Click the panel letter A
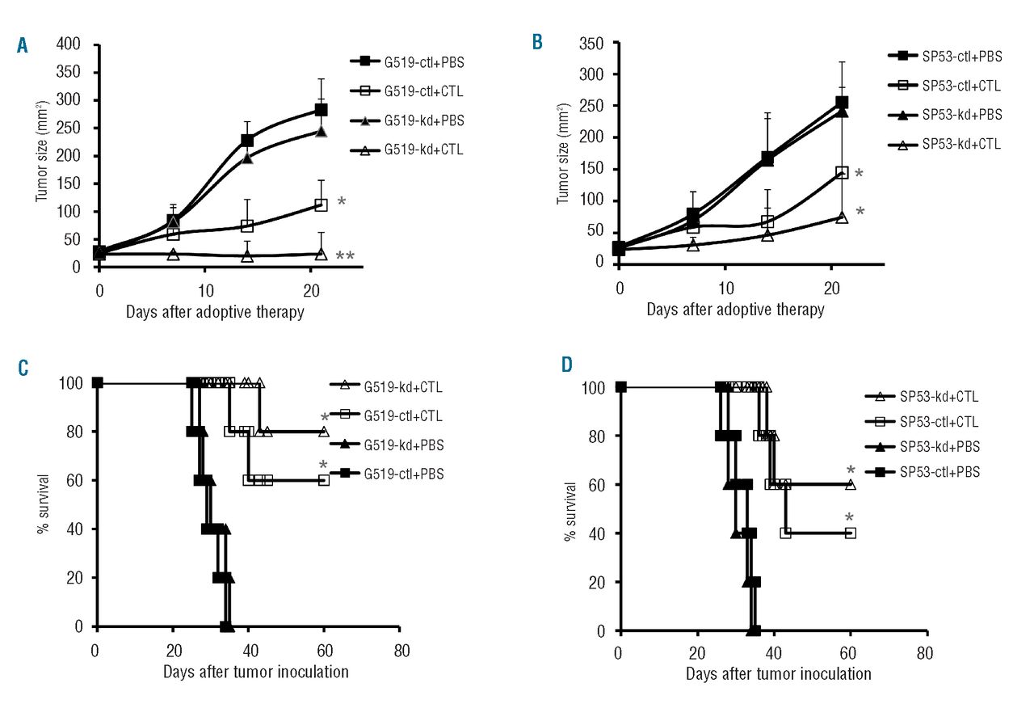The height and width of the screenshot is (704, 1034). click(x=23, y=46)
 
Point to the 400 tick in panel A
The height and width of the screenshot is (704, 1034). click(x=71, y=44)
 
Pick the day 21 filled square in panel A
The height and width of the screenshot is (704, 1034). click(x=321, y=110)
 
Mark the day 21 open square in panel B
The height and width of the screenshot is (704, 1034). click(x=843, y=172)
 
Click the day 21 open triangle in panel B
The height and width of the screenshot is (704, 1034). click(x=843, y=217)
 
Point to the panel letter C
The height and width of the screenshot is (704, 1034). click(x=23, y=368)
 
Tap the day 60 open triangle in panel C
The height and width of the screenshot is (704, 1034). click(x=324, y=432)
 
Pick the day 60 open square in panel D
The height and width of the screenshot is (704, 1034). click(x=851, y=533)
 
